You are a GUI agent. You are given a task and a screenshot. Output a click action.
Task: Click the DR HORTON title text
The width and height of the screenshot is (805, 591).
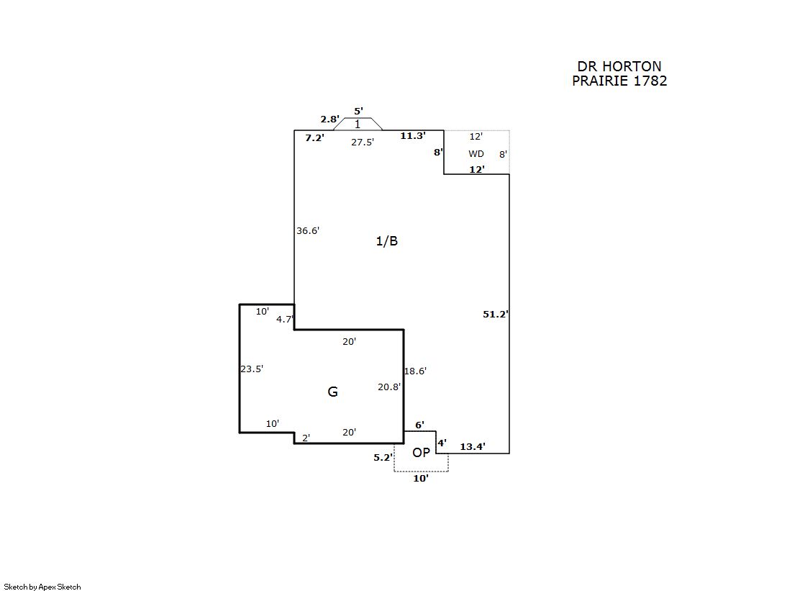coord(619,67)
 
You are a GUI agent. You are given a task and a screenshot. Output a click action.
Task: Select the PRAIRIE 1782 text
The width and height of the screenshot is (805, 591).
coord(619,81)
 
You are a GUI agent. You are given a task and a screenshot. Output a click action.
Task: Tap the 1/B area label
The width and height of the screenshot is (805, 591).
coord(386,241)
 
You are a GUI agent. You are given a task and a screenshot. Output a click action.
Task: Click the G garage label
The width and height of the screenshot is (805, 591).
coord(332,392)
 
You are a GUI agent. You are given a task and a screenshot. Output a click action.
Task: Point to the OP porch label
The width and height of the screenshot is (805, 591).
coord(421,453)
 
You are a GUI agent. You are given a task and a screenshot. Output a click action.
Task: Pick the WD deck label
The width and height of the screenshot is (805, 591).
coord(476,154)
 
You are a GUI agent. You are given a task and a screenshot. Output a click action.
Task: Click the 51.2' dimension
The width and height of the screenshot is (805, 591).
coord(495,314)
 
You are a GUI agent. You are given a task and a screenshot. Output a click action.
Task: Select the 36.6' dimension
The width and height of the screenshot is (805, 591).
coord(308,231)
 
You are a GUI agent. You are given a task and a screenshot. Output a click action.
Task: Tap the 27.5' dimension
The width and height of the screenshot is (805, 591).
coord(362,143)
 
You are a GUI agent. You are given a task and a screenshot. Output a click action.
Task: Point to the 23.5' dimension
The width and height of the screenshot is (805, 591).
coord(252,369)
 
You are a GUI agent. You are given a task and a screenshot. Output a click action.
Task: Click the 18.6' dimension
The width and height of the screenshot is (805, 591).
coord(415,371)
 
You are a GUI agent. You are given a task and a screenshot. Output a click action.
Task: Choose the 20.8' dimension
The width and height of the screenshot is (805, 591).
coord(389,387)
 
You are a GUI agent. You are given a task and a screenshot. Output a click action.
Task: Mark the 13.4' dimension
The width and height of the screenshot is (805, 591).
coord(473,447)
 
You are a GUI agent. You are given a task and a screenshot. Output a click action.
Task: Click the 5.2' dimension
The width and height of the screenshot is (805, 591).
coord(383,457)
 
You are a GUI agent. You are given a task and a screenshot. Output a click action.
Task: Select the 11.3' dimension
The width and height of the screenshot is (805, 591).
coord(413,135)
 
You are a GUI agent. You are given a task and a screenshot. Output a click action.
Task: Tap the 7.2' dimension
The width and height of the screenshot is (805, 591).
coord(314,137)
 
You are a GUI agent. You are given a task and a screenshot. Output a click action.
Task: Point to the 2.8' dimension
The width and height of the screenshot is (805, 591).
coord(329,119)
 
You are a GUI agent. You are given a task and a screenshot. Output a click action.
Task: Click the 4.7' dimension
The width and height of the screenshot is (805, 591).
coord(285,320)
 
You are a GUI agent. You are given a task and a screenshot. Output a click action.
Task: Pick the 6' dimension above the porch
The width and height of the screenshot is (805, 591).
coord(419,425)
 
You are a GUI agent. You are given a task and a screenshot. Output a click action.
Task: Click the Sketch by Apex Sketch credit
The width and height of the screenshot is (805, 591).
coord(42,587)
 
